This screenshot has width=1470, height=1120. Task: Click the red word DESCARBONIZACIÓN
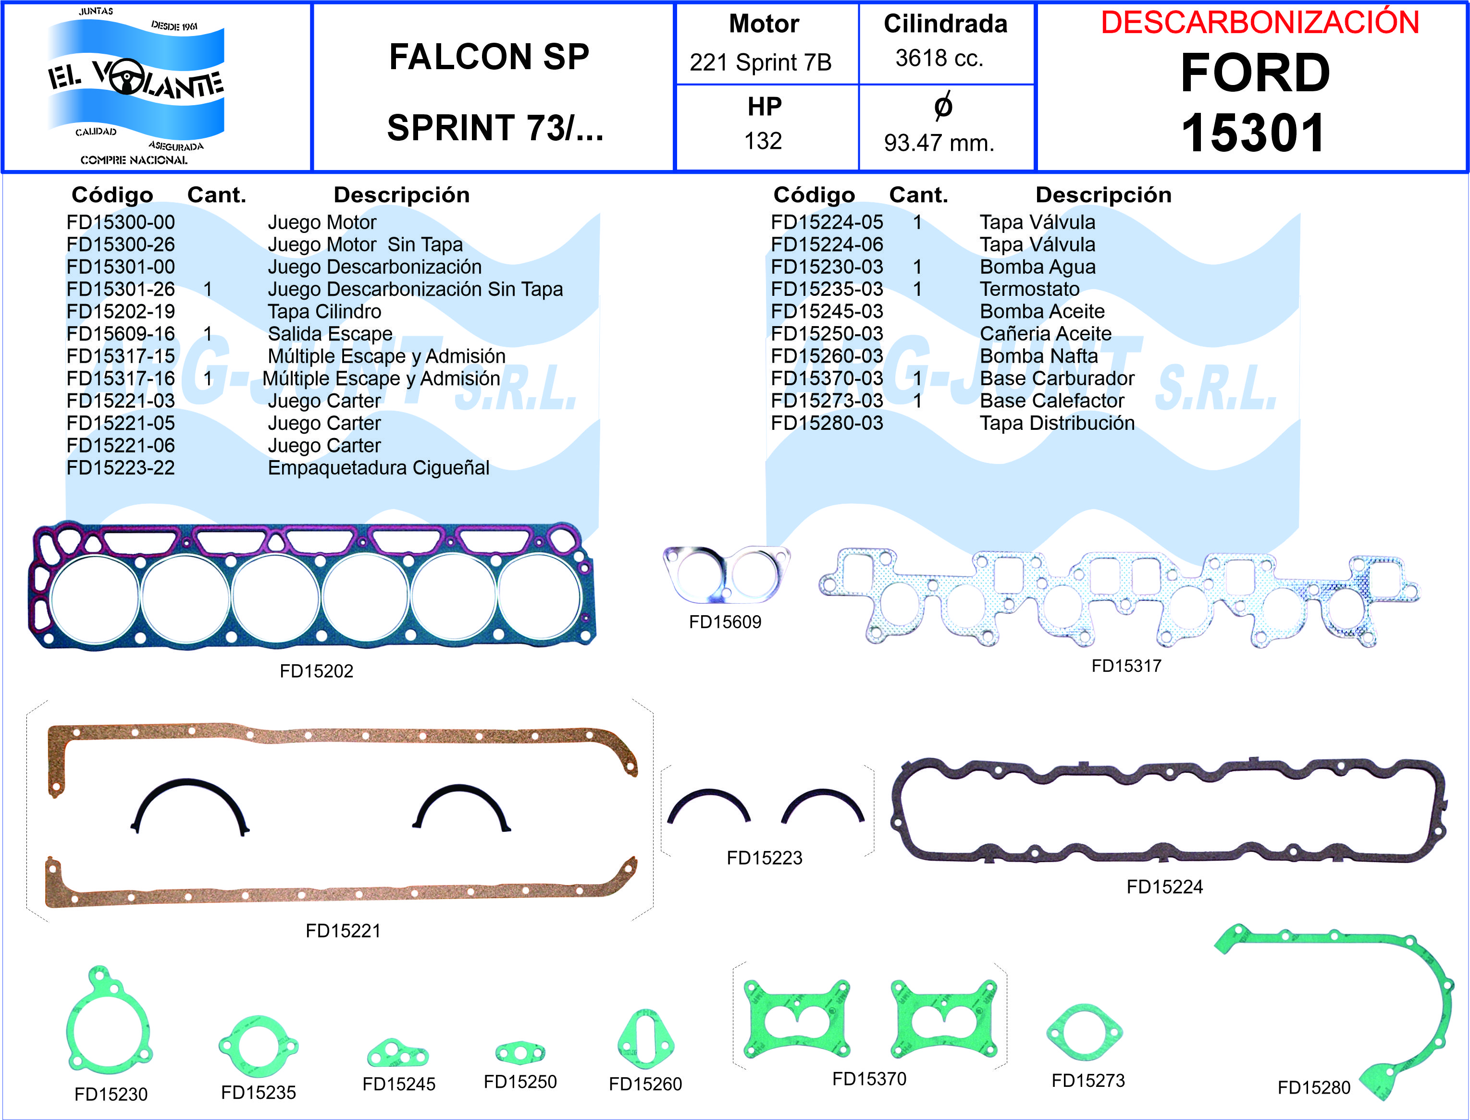[x=1259, y=23]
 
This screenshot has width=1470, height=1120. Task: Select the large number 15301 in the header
[x=1253, y=134]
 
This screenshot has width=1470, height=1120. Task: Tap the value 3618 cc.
[x=939, y=59]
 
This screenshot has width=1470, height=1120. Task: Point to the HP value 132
[x=763, y=141]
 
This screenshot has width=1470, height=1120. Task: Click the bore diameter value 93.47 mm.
[x=939, y=143]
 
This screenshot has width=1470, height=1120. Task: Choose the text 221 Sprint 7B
[x=760, y=62]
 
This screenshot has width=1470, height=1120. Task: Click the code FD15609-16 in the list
[x=121, y=334]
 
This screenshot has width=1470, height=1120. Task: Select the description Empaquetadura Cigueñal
[x=378, y=468]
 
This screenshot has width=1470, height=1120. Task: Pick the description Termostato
[x=1029, y=289]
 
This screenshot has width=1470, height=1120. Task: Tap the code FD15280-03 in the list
[x=827, y=423]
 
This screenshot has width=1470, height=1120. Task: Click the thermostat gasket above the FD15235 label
[x=258, y=1046]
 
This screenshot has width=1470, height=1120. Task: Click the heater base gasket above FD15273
[x=1085, y=1032]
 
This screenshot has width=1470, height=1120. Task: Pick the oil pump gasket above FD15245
[x=397, y=1053]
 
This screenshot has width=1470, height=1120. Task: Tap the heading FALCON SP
[x=489, y=57]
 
